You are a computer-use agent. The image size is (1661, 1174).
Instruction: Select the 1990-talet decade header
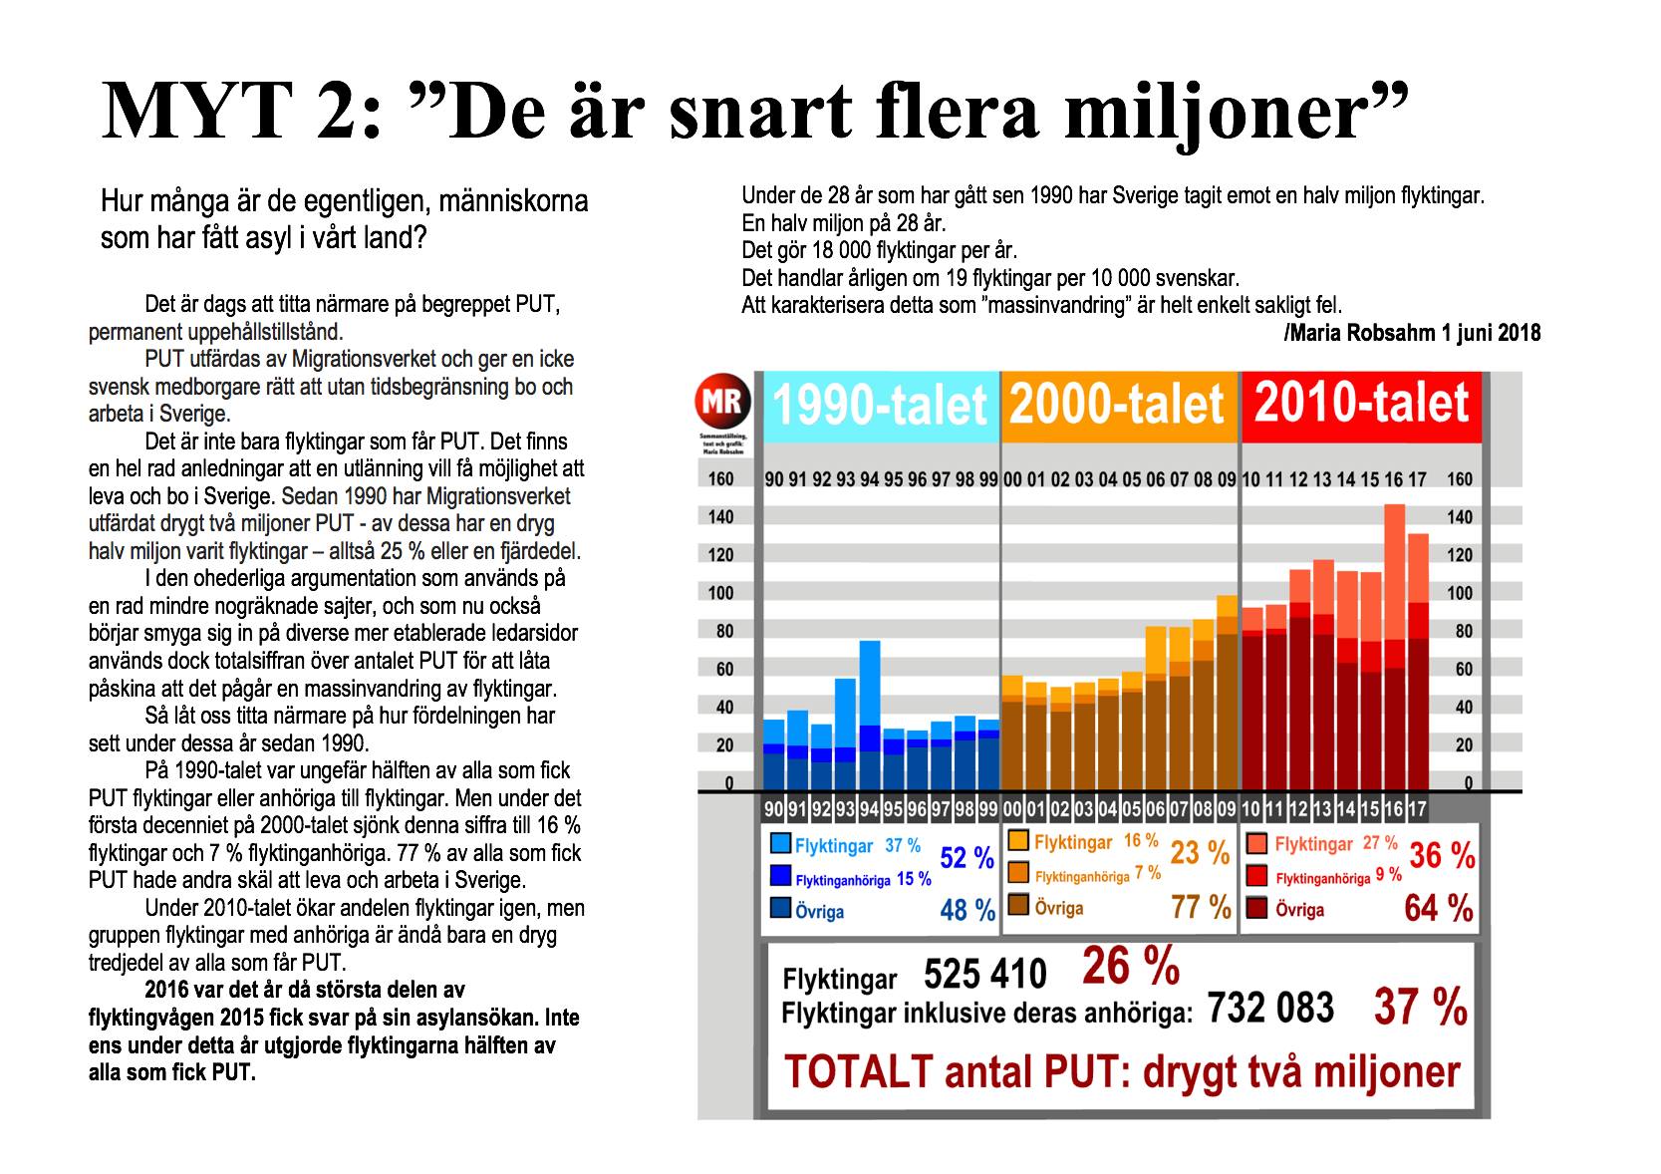coord(880,406)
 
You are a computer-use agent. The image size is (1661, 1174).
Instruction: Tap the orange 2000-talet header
coord(1118,406)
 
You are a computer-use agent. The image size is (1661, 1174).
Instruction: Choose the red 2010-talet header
coord(1361,404)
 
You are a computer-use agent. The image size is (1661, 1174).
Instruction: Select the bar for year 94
coord(870,714)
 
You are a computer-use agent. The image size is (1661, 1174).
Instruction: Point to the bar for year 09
coord(1227,692)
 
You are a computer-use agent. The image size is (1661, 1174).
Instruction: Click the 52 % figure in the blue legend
coord(967,858)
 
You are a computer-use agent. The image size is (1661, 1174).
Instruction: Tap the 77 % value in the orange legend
coord(1200,908)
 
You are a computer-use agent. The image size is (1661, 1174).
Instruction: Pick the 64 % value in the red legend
coord(1439,908)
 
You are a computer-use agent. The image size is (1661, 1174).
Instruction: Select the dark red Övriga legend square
coord(1257,909)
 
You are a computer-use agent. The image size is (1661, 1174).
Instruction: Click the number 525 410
coord(985,975)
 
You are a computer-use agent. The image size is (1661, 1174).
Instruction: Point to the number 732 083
coord(1270,1009)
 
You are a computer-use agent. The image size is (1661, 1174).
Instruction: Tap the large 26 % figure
coord(1130,967)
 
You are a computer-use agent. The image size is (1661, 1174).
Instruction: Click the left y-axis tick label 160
coord(720,479)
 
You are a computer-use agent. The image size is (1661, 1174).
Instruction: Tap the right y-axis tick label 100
coord(1460,594)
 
